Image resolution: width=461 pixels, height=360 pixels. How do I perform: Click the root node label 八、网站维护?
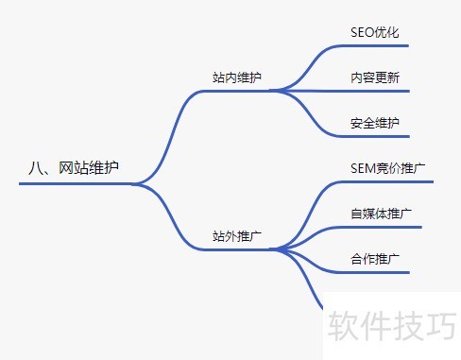(x=75, y=168)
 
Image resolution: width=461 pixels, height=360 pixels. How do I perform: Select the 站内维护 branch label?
(x=237, y=77)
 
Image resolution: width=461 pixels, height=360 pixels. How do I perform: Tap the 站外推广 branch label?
(x=237, y=235)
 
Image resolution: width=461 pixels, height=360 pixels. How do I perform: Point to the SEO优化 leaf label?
(x=374, y=32)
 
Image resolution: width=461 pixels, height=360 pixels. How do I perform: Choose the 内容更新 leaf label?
(x=374, y=77)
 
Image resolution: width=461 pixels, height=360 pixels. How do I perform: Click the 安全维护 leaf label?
(x=374, y=123)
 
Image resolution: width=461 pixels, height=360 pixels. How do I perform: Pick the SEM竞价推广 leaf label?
(x=387, y=168)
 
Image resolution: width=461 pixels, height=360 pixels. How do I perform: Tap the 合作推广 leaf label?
(x=374, y=259)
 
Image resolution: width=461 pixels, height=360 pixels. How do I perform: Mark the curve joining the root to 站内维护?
(x=169, y=132)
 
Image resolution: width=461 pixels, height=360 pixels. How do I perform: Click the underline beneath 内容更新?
(x=374, y=91)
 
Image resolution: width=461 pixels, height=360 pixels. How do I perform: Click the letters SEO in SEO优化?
(x=363, y=32)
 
